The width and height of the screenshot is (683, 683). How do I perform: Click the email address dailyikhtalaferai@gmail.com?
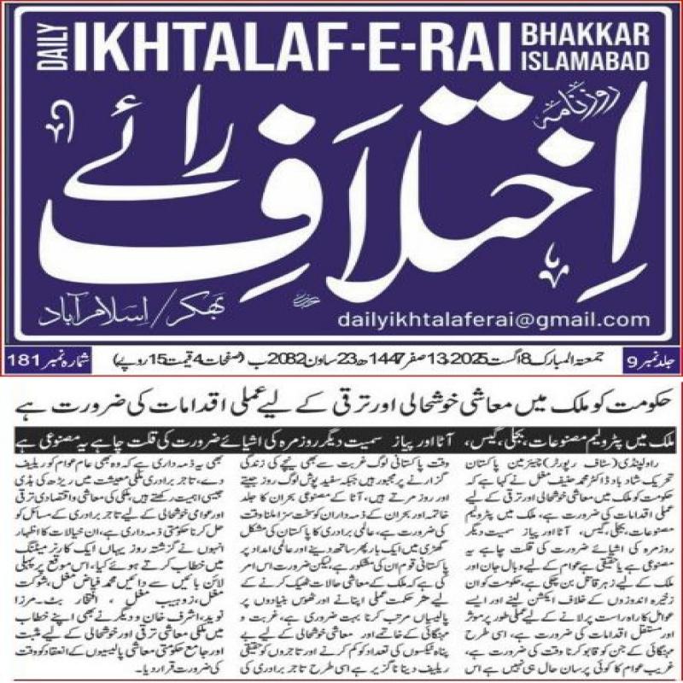point(494,320)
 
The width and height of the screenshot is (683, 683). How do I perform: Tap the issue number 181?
point(23,355)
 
